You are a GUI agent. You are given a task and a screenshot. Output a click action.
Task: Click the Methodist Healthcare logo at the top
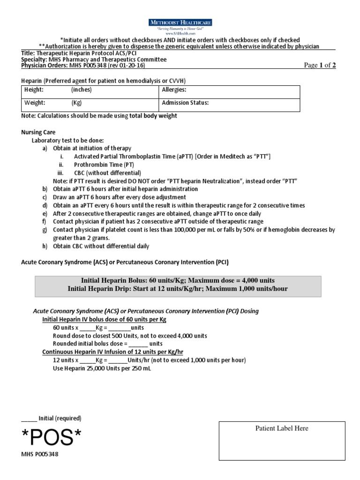pos(180,22)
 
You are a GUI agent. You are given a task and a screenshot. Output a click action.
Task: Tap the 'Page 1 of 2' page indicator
pos(320,66)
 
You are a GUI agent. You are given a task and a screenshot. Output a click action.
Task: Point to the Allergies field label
pos(174,90)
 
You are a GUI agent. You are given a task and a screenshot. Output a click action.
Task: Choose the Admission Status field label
pos(185,103)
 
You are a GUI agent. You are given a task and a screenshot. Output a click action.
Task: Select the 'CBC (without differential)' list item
pos(107,173)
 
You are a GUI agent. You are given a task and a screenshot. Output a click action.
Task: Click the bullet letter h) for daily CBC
pos(45,246)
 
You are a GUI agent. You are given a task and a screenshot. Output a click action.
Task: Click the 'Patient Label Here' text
pos(282,428)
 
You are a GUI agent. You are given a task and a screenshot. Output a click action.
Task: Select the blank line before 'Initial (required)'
pos(29,419)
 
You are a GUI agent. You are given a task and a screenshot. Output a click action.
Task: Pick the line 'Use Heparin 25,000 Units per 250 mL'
pos(102,368)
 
